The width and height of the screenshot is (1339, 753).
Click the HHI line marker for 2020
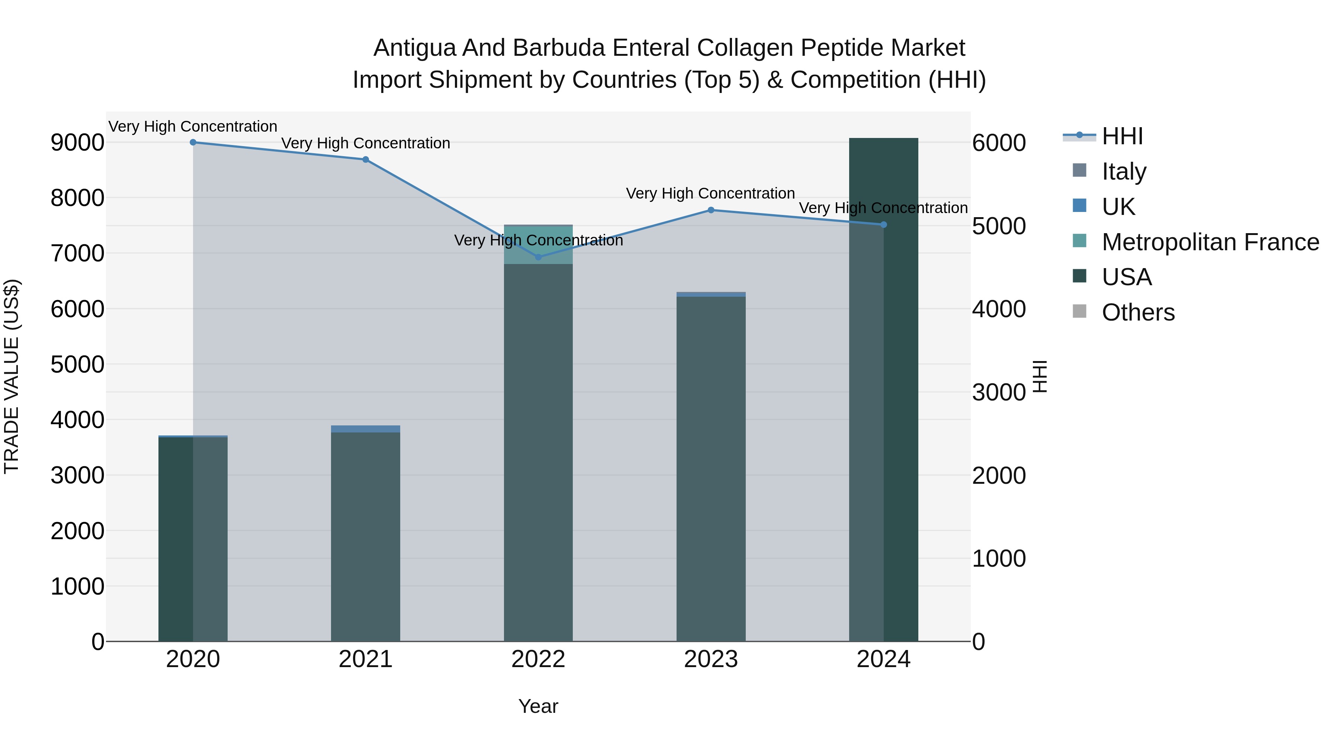click(193, 142)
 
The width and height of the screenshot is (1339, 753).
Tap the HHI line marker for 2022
click(538, 257)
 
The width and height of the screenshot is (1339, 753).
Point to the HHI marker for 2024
click(884, 225)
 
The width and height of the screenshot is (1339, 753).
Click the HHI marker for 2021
click(365, 160)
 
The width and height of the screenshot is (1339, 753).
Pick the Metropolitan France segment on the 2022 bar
click(538, 244)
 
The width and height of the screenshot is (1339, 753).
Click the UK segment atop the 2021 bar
click(365, 429)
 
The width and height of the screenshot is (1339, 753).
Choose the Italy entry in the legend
click(1123, 171)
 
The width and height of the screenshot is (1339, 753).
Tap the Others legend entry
click(1137, 312)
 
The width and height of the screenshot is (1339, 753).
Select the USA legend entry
click(1126, 277)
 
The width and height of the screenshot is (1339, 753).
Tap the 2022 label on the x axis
click(538, 659)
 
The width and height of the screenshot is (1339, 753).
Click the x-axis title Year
click(538, 706)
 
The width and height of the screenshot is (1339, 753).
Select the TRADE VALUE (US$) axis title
click(12, 376)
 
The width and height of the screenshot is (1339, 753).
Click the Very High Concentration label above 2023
click(710, 193)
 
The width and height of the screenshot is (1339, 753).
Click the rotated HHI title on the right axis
click(1040, 376)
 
